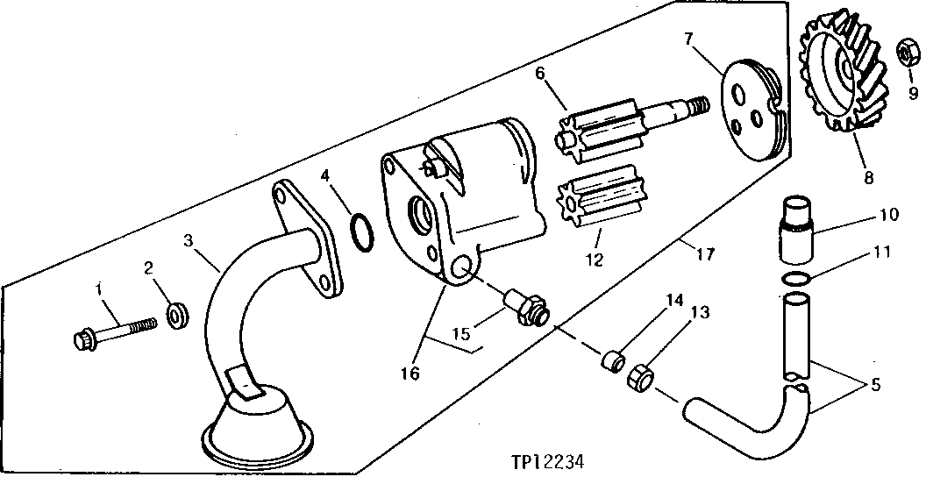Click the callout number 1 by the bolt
click(101, 288)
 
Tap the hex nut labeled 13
click(638, 378)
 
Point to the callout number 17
click(704, 255)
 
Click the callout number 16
click(410, 373)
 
